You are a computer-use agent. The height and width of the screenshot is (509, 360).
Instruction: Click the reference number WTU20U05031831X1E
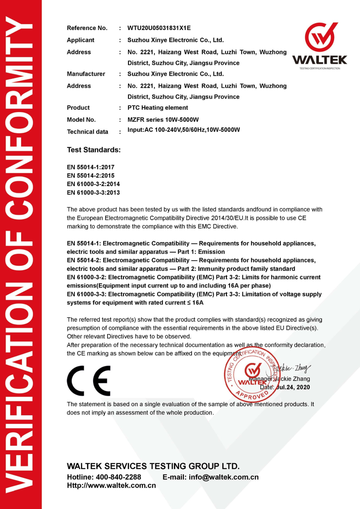159,28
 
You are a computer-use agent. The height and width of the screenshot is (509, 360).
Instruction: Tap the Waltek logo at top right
320,46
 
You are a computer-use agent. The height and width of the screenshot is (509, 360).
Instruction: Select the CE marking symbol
88,381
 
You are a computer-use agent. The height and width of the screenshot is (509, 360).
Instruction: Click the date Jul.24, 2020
293,387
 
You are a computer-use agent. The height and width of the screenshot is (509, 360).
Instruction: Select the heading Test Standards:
94,150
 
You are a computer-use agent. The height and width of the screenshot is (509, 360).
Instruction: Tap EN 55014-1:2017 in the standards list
90,167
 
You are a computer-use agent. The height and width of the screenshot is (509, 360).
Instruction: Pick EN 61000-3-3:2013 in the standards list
93,192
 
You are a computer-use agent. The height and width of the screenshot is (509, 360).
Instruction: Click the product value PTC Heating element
158,108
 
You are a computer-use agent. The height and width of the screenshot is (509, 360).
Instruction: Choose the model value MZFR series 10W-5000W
163,120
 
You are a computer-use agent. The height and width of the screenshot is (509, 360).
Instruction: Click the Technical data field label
87,132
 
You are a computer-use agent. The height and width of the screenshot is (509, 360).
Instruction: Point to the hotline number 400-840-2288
118,477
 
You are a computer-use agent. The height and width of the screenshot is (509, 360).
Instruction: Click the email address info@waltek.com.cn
224,477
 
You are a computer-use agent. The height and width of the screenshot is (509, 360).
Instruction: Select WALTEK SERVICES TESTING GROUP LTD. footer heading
153,466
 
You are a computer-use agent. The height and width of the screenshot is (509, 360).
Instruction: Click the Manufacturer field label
86,74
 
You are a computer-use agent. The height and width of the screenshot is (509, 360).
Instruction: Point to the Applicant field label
80,40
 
